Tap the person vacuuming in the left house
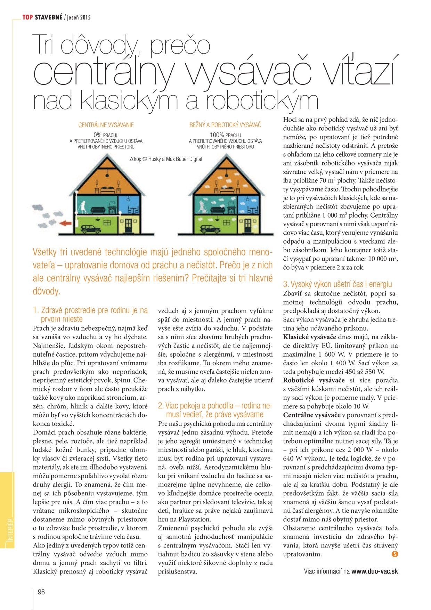pyautogui.click(x=81, y=207)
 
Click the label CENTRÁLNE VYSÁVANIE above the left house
pyautogui.click(x=106, y=125)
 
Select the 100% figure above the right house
pyautogui.click(x=217, y=135)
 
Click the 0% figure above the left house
pyautogui.click(x=97, y=135)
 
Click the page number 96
pyautogui.click(x=41, y=592)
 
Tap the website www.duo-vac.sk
pyautogui.click(x=375, y=571)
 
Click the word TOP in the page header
pyautogui.click(x=27, y=17)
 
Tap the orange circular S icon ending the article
pyautogui.click(x=395, y=554)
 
